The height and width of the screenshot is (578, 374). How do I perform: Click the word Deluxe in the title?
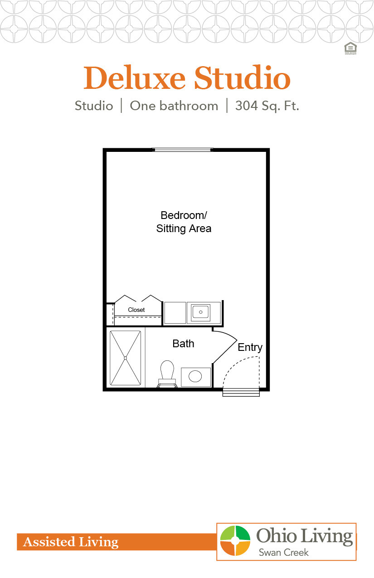tap(134, 78)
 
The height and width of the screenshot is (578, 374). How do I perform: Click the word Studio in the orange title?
tap(242, 78)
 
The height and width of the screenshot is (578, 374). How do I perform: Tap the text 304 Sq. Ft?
tap(267, 106)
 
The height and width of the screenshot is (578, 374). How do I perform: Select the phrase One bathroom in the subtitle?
tap(174, 106)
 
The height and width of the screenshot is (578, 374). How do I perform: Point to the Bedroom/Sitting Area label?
tap(184, 222)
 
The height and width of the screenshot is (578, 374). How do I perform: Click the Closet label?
tap(136, 310)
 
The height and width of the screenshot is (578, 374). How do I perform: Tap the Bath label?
tap(183, 344)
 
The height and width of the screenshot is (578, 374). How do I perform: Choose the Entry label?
tap(250, 347)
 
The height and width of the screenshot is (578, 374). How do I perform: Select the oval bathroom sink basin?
tap(195, 376)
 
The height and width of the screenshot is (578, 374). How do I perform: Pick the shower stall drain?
tap(126, 358)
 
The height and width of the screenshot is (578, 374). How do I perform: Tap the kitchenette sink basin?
tap(200, 312)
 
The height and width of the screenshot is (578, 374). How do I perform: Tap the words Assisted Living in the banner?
tap(71, 542)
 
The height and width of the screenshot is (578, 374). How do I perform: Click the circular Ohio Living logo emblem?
tap(235, 541)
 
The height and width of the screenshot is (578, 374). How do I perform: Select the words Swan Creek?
tap(283, 553)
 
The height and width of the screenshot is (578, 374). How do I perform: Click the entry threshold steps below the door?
tap(241, 393)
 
